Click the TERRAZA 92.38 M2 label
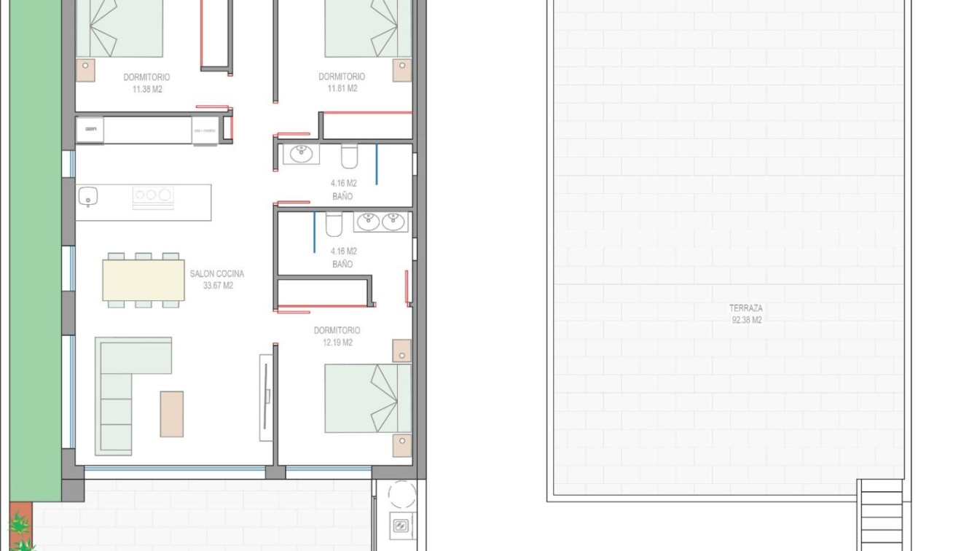pos(746,314)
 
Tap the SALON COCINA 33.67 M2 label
pos(216,280)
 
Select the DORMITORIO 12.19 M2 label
pos(337,336)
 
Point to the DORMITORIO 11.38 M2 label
pos(146,82)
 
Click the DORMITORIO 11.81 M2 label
pos(341,82)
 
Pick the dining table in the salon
pos(144,281)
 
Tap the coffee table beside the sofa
pos(172,414)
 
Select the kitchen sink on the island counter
pos(88,196)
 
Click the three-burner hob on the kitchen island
pos(152,195)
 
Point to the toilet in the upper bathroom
pos(349,156)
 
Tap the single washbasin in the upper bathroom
pos(300,154)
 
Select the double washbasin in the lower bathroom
pos(380,222)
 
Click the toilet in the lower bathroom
pos(334,224)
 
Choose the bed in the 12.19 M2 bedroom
pos(367,398)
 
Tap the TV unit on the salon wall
pos(267,397)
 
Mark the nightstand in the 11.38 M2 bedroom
pos(85,70)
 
